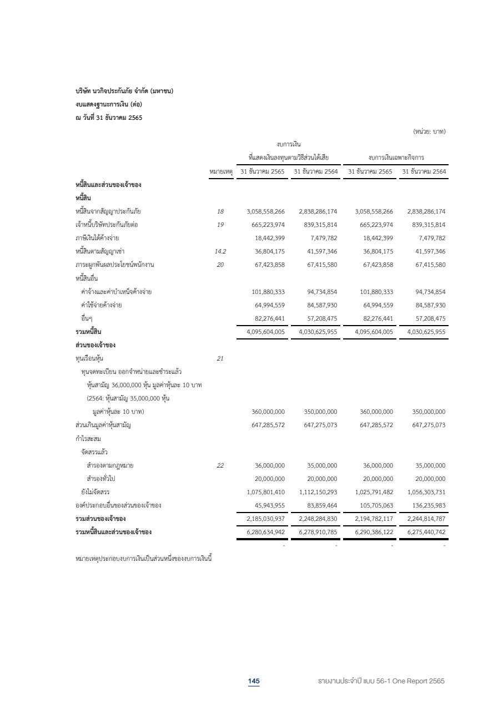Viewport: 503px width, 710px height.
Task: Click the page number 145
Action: click(x=254, y=681)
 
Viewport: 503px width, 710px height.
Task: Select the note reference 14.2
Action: click(x=220, y=251)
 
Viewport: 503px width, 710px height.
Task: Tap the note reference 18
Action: click(x=220, y=211)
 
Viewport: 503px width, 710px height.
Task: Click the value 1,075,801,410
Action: click(x=265, y=492)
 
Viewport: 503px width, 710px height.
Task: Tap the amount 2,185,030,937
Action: click(x=265, y=519)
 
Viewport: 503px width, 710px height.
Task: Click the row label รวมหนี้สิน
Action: click(x=88, y=332)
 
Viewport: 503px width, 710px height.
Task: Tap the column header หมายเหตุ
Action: click(x=221, y=171)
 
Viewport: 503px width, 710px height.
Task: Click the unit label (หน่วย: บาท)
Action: click(x=429, y=131)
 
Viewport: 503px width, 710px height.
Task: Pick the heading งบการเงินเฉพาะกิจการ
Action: click(x=396, y=158)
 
